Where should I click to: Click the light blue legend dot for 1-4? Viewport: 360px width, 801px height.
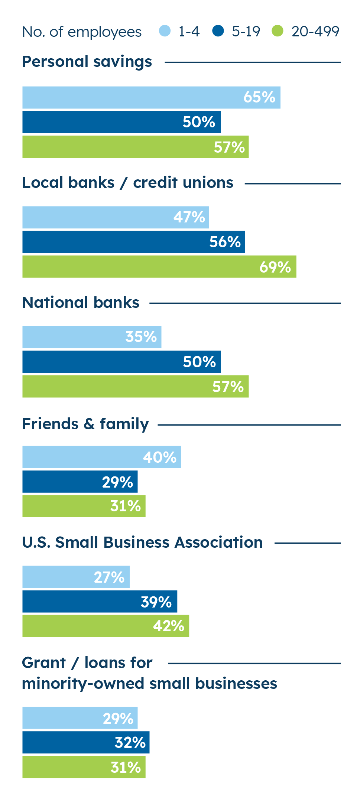[x=165, y=31]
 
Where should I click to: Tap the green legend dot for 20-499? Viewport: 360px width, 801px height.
[x=278, y=31]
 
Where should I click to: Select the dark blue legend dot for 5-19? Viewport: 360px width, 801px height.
[x=218, y=31]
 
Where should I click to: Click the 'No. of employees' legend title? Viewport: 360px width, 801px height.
[x=82, y=32]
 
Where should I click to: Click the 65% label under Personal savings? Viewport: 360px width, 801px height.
[x=259, y=97]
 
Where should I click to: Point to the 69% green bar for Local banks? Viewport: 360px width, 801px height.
[x=159, y=267]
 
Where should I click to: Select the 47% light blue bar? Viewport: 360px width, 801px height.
[x=116, y=217]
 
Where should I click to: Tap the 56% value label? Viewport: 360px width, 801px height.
[x=225, y=242]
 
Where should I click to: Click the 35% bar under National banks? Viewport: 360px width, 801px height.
[x=92, y=337]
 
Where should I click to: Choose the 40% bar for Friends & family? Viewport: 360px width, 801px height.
[x=101, y=457]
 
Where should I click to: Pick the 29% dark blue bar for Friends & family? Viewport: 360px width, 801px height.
[x=80, y=482]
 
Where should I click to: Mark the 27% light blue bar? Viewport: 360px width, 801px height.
[x=76, y=577]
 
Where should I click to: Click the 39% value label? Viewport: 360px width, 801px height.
[x=156, y=602]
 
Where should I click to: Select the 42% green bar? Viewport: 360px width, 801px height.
[x=106, y=626]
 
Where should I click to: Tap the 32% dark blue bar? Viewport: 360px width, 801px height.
[x=86, y=742]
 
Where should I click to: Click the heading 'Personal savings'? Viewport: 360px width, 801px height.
[x=87, y=62]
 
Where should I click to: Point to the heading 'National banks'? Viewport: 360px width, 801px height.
[x=81, y=303]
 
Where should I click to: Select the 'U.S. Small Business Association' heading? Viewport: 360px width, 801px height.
[x=142, y=543]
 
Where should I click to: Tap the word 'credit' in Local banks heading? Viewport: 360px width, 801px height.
[x=150, y=183]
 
